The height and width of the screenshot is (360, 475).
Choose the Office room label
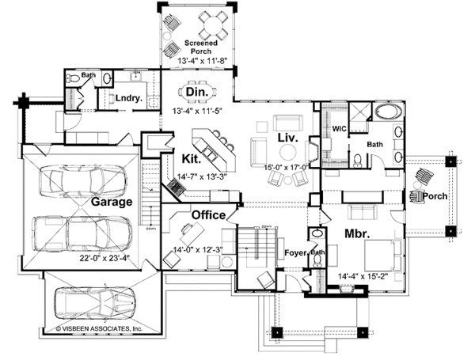click(x=208, y=214)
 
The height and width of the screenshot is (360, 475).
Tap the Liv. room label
click(x=287, y=138)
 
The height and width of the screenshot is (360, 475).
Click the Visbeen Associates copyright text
click(x=99, y=327)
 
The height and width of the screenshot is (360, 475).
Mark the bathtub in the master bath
click(x=389, y=112)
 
